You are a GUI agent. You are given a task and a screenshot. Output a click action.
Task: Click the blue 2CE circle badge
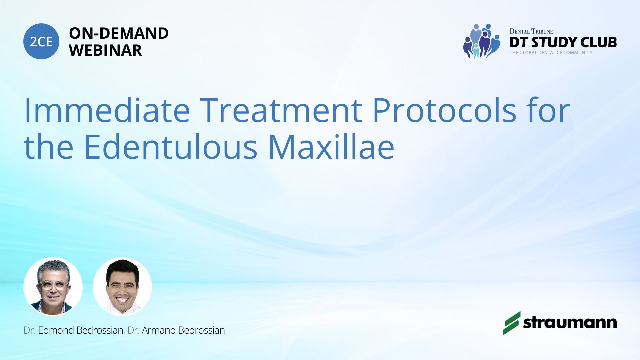[x=41, y=41]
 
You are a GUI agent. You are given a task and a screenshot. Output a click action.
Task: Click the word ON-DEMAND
[x=119, y=33]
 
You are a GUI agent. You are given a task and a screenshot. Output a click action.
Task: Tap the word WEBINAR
[x=105, y=50]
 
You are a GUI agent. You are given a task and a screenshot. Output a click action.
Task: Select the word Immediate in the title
[x=107, y=110]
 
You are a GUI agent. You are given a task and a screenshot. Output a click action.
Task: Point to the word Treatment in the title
[x=281, y=110]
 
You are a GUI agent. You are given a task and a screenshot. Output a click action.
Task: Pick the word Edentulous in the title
[x=171, y=146]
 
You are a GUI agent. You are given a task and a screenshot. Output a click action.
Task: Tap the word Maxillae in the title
[x=331, y=146]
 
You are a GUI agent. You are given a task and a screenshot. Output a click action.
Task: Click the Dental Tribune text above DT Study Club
[x=531, y=31]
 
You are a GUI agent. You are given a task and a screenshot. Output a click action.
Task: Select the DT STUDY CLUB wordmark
[x=563, y=42]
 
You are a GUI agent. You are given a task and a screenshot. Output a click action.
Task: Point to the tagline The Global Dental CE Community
[x=551, y=53]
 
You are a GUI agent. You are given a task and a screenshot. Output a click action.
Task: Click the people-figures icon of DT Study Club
[x=481, y=41]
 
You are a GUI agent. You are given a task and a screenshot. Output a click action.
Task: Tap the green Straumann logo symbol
[x=512, y=323]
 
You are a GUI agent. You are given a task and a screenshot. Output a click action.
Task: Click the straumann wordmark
[x=570, y=322]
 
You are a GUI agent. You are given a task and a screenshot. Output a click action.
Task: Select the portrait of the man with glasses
[x=53, y=286]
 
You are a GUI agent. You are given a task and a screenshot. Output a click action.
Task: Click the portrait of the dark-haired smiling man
[x=122, y=286]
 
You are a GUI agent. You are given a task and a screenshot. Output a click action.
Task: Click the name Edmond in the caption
[x=56, y=330]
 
